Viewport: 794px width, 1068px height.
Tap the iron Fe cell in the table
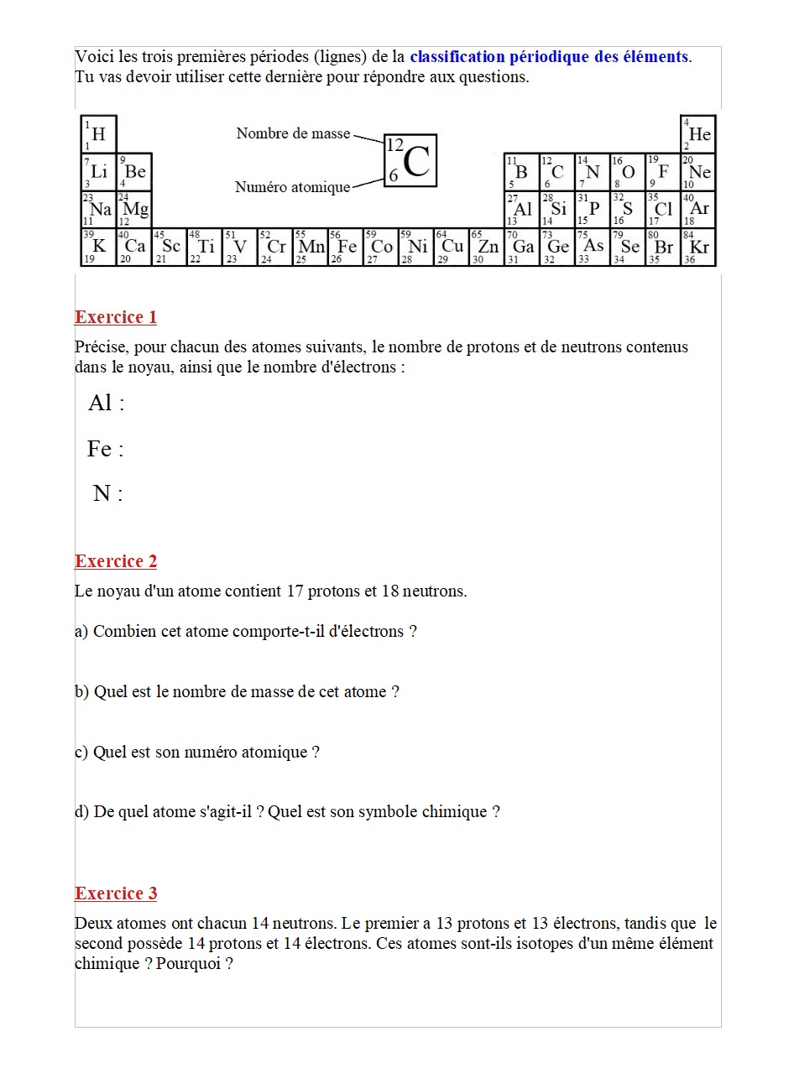(345, 247)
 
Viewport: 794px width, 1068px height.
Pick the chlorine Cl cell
(663, 209)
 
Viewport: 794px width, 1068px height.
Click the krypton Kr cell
(698, 247)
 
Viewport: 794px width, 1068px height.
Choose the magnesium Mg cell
(134, 209)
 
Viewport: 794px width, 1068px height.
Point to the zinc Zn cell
(486, 247)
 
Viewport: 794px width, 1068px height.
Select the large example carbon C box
(410, 160)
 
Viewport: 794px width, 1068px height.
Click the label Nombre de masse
(293, 133)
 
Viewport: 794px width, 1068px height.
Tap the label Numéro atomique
(292, 187)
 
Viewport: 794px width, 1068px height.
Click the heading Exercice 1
(116, 317)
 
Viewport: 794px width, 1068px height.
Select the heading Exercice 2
(116, 561)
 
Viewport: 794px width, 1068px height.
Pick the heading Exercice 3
(116, 893)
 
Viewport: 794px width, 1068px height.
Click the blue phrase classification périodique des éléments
(549, 57)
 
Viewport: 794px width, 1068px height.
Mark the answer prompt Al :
(107, 404)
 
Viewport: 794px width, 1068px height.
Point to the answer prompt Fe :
(106, 450)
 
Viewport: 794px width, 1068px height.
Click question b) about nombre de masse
(237, 692)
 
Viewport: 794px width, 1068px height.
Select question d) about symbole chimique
(287, 812)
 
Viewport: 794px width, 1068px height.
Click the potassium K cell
(99, 247)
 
